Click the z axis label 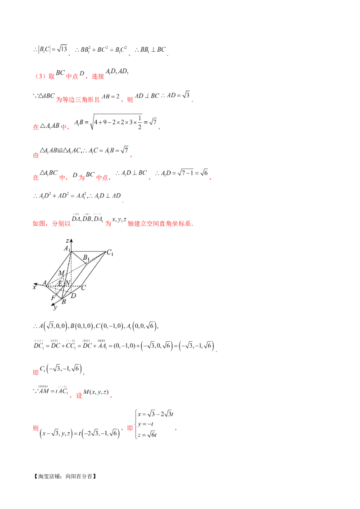coord(67,241)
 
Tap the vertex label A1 coord(67,249)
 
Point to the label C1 coord(109,253)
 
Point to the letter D coord(73,296)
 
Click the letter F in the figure coord(53,298)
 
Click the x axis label coord(34,287)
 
